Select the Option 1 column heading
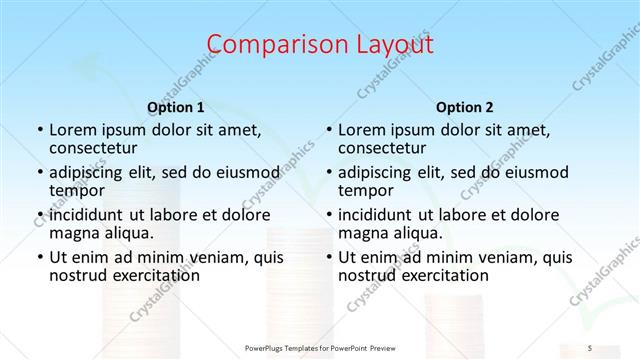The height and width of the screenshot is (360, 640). click(x=175, y=107)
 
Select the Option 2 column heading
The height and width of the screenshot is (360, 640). click(x=464, y=107)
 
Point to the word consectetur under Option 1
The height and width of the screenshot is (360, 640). click(x=92, y=148)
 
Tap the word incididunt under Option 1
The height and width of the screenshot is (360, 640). click(x=85, y=215)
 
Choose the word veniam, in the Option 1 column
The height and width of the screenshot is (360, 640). click(x=218, y=257)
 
